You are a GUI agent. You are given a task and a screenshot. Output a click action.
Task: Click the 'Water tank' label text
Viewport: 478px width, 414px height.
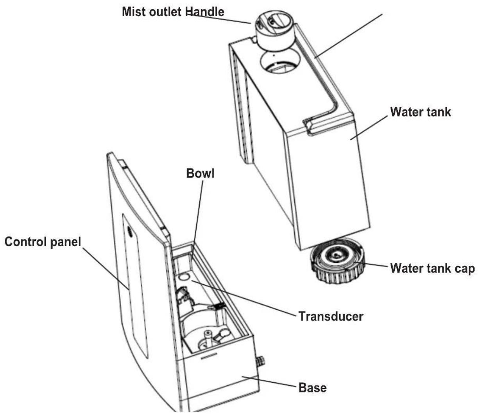[420, 112]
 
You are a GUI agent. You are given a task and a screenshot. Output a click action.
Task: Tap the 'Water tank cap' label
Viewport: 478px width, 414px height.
[432, 269]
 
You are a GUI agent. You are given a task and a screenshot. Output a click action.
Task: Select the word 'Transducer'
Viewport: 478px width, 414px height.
[331, 316]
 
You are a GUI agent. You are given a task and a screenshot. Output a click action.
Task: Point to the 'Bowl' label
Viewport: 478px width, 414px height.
[200, 173]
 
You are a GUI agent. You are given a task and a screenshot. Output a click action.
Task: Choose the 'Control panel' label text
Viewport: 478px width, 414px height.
[43, 242]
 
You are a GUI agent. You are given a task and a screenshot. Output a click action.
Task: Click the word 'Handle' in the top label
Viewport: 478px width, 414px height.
[205, 12]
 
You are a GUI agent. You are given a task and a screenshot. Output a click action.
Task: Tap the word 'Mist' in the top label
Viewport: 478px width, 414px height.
[134, 12]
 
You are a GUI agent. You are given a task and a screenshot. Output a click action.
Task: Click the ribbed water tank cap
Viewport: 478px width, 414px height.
[338, 261]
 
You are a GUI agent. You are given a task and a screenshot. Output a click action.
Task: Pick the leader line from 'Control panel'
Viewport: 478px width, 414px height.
[106, 269]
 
